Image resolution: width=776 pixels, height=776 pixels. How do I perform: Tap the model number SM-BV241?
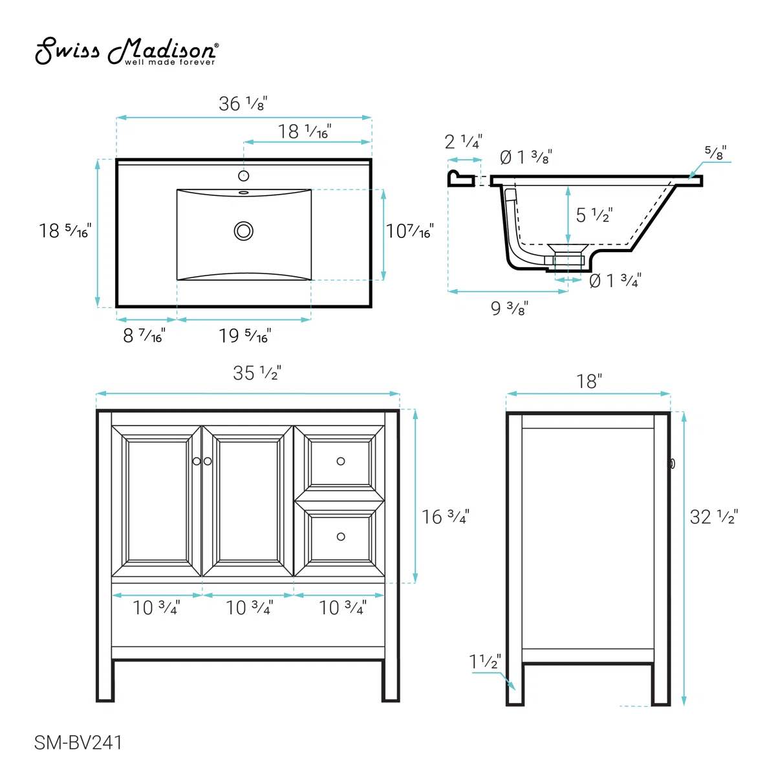pyautogui.click(x=78, y=743)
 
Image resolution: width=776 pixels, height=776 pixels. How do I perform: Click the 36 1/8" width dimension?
pyautogui.click(x=242, y=103)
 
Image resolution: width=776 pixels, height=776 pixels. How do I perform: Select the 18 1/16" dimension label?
pyautogui.click(x=305, y=131)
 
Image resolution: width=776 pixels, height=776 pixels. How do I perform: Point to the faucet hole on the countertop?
pyautogui.click(x=244, y=176)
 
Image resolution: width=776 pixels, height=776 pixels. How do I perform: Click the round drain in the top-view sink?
pyautogui.click(x=244, y=230)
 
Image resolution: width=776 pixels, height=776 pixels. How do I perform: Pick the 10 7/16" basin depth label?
pyautogui.click(x=409, y=231)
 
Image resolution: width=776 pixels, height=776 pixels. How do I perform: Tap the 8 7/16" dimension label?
pyautogui.click(x=144, y=336)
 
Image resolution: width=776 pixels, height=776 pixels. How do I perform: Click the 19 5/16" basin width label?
pyautogui.click(x=244, y=336)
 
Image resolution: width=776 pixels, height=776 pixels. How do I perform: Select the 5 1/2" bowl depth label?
pyautogui.click(x=594, y=215)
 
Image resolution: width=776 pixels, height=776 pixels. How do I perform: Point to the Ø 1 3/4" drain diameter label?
pyautogui.click(x=615, y=281)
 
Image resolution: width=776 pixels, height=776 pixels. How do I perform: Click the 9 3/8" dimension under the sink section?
pyautogui.click(x=510, y=308)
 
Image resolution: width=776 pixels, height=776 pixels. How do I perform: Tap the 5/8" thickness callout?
pyautogui.click(x=715, y=153)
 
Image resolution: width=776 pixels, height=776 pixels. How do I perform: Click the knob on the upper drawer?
pyautogui.click(x=341, y=461)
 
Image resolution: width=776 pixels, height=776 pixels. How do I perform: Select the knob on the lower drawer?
pyautogui.click(x=341, y=537)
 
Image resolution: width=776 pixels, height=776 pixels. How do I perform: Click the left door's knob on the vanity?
pyautogui.click(x=197, y=461)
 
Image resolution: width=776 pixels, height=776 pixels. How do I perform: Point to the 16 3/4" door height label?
pyautogui.click(x=445, y=517)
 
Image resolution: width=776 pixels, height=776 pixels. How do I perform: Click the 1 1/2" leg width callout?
pyautogui.click(x=485, y=662)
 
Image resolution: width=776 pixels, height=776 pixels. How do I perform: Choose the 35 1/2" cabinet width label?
pyautogui.click(x=257, y=373)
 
